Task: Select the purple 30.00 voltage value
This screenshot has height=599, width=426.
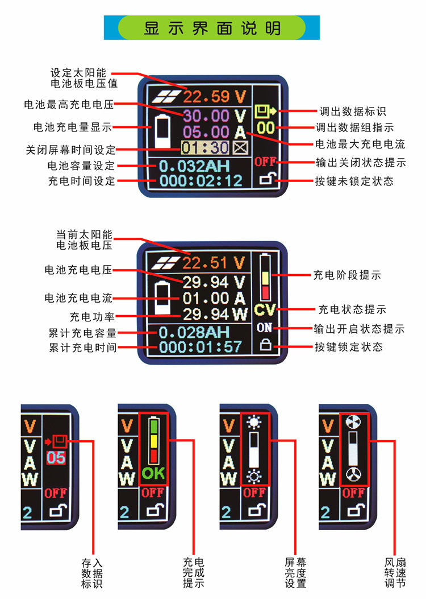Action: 206,116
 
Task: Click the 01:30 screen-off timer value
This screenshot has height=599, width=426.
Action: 205,148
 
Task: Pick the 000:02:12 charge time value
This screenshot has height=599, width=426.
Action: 201,181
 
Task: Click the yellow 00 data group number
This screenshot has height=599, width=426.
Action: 266,128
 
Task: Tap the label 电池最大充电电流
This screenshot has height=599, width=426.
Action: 360,144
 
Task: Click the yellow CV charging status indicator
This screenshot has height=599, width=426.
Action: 265,311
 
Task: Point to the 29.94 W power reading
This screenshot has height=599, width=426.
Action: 215,313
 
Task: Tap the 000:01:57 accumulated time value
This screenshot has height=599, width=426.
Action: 201,346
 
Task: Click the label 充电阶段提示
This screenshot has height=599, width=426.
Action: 346,275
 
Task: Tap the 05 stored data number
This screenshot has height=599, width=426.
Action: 56,458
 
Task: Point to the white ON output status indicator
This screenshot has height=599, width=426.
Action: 265,328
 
